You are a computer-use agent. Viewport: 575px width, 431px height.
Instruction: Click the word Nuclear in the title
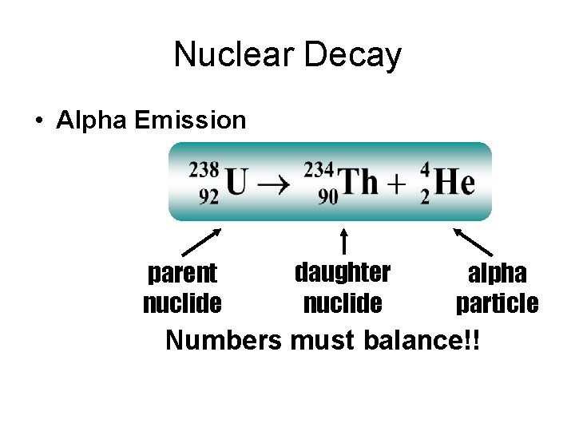228,55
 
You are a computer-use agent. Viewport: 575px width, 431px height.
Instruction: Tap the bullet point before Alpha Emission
38,121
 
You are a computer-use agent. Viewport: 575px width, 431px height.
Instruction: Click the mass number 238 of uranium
204,169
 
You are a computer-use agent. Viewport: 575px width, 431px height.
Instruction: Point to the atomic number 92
208,196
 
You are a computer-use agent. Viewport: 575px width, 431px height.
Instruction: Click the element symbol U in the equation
236,183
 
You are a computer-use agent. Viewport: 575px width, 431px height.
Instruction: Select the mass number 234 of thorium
319,169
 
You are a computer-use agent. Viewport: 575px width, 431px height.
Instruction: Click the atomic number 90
328,196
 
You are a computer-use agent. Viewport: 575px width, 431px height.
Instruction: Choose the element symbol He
455,183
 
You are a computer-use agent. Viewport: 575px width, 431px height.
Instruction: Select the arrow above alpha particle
473,241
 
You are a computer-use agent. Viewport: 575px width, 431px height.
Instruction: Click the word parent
182,274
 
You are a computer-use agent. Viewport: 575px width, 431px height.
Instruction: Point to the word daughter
343,272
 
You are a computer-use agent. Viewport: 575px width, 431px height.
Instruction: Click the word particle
497,303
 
